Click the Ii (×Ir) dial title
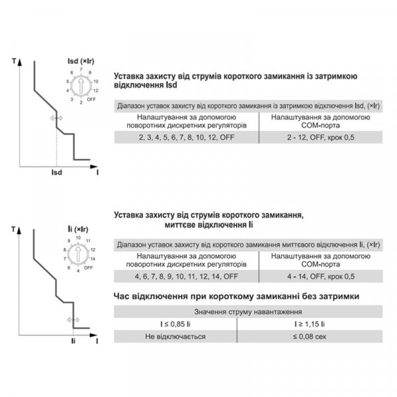[79, 228]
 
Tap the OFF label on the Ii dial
[89, 267]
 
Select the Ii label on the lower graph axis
[73, 341]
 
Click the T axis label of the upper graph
[14, 62]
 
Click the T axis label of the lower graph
[14, 229]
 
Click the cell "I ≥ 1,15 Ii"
[309, 324]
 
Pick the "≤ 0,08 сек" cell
[309, 336]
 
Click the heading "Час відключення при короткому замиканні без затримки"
[236, 296]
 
